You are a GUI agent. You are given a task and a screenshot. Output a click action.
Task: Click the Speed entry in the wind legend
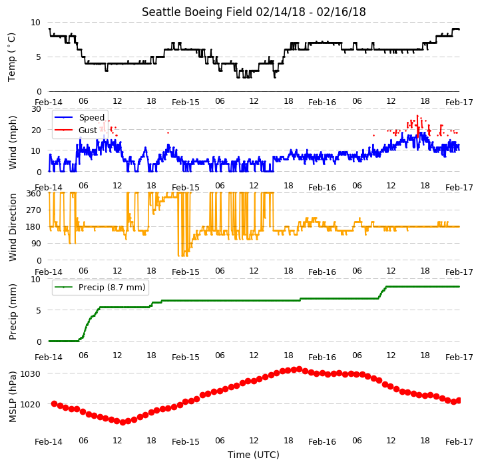click(92, 117)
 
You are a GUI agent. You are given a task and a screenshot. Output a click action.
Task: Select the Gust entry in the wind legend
click(88, 130)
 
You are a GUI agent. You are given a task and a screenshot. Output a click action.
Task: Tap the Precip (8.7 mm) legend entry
click(112, 287)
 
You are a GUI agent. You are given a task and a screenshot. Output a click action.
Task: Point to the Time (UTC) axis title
click(254, 455)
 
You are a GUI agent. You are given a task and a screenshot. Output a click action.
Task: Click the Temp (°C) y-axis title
click(11, 57)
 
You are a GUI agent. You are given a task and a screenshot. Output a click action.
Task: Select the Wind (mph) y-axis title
click(13, 142)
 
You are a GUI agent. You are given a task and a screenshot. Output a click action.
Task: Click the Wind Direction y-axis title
click(13, 227)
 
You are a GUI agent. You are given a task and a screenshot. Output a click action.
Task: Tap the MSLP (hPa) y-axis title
click(13, 397)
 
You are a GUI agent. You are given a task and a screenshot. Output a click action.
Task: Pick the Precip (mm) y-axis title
click(13, 312)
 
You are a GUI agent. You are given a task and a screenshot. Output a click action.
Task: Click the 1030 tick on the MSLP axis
click(31, 374)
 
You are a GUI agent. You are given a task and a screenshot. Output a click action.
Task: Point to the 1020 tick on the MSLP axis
click(31, 405)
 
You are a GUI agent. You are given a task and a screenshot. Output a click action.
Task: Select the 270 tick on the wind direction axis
click(34, 210)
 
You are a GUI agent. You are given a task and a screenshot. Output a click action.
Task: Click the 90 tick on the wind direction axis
click(36, 244)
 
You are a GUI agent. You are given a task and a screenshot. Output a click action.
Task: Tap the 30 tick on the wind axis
click(36, 109)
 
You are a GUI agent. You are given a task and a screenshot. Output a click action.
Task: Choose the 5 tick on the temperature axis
click(38, 57)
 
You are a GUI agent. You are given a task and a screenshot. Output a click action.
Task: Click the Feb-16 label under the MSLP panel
click(322, 442)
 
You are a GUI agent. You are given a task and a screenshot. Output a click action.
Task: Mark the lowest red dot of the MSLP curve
click(122, 422)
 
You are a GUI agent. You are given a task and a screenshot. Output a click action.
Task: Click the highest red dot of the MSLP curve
click(300, 369)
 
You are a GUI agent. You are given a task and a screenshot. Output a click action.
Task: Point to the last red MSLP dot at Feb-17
click(459, 401)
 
